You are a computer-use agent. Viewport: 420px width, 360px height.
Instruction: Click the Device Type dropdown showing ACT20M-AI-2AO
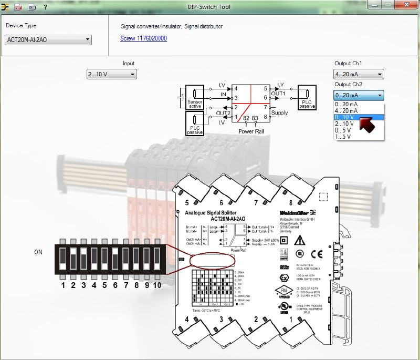48,40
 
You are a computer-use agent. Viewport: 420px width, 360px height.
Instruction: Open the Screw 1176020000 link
143,38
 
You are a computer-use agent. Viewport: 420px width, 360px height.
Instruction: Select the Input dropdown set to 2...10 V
112,74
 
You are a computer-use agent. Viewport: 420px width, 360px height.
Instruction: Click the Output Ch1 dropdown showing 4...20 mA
359,74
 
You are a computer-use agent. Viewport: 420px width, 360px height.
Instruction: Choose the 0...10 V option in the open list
346,117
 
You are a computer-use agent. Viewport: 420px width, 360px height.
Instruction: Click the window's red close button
407,5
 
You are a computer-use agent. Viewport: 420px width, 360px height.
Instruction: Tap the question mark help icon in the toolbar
45,7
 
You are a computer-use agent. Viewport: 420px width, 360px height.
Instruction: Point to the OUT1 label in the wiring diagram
278,93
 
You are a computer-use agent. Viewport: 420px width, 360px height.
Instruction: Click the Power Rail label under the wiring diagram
250,131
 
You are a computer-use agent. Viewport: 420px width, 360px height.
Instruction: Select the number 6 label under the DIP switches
115,285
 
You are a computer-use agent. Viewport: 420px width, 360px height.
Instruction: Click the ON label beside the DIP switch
38,252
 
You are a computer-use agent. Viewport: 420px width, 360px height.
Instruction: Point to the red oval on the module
212,260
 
